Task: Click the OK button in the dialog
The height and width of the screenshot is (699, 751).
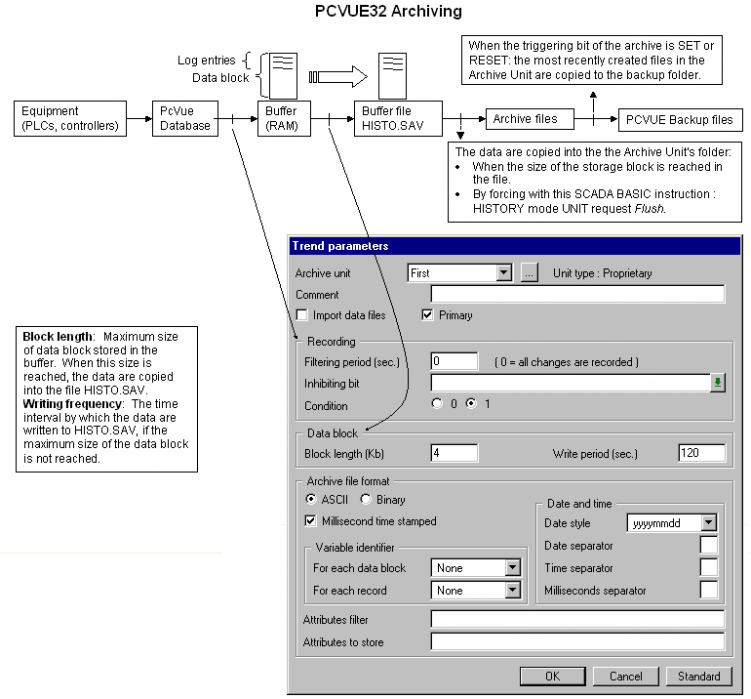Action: tap(552, 676)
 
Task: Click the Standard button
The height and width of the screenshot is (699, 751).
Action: tap(699, 676)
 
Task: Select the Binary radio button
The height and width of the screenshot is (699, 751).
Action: tap(367, 500)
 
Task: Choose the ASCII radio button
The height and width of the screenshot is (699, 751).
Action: tap(312, 500)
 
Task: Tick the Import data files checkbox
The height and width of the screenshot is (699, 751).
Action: tap(302, 315)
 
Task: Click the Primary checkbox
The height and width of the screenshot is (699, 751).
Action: tap(427, 315)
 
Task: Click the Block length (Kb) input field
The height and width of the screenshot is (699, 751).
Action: tap(454, 453)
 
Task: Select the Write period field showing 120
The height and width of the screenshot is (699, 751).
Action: tap(701, 453)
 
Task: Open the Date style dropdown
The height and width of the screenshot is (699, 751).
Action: tap(708, 523)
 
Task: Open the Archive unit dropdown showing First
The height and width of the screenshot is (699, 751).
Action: tap(503, 273)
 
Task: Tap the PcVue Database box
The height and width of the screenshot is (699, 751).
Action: tap(184, 118)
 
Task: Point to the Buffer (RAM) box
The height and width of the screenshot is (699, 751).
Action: tap(282, 118)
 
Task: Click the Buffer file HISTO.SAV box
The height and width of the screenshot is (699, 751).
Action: tap(397, 118)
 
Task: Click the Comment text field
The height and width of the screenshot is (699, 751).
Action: tap(577, 295)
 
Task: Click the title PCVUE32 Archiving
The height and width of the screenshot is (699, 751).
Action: tap(375, 13)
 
